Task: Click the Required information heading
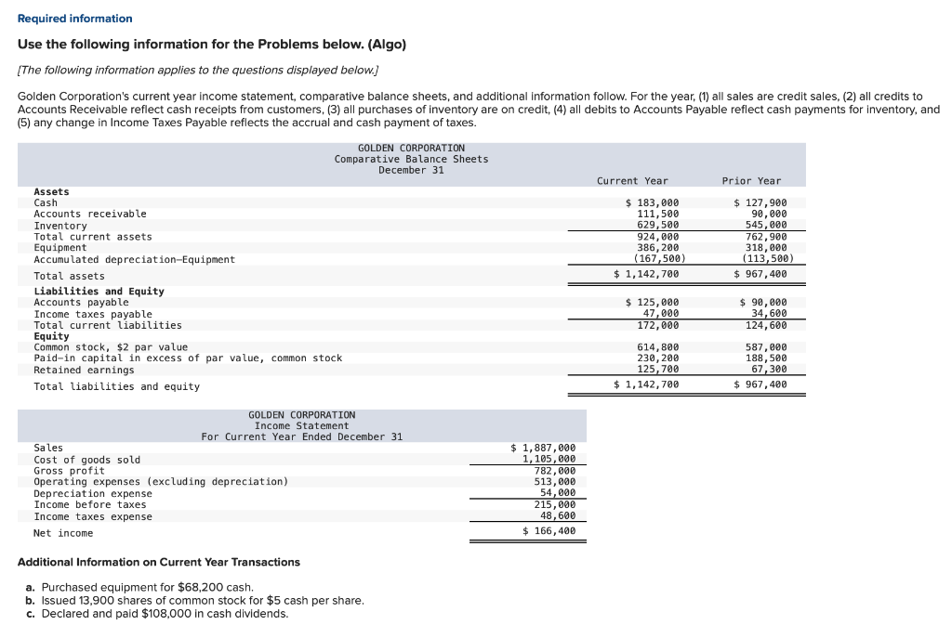point(74,19)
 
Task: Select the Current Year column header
point(632,180)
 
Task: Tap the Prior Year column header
point(751,180)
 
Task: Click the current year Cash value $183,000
point(652,202)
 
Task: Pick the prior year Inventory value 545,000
point(766,225)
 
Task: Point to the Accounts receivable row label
point(90,214)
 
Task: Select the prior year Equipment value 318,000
point(766,247)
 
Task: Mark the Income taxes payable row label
point(93,314)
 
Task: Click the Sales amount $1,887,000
point(543,448)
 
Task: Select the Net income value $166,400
point(549,531)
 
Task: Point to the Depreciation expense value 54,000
point(555,493)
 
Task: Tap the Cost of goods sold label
point(87,460)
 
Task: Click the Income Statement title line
point(301,425)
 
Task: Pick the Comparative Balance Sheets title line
point(411,159)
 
